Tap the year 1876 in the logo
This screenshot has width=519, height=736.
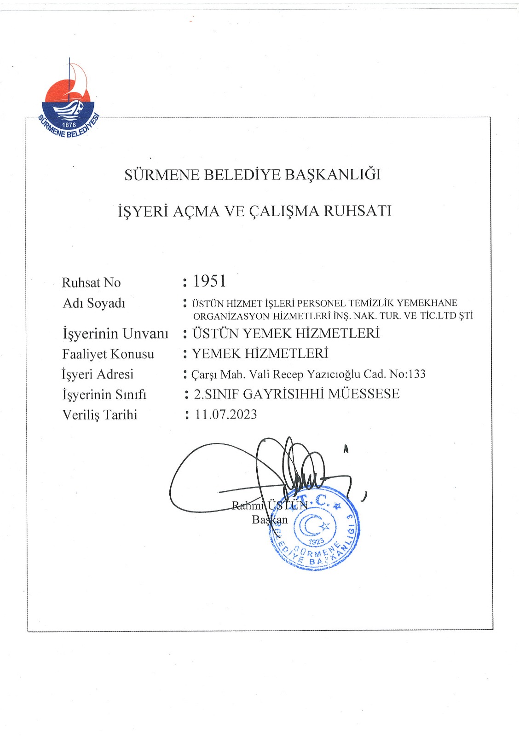coord(69,125)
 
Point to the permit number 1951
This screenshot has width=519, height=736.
coord(209,281)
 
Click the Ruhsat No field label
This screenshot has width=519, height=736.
coord(91,282)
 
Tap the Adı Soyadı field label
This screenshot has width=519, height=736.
coord(94,303)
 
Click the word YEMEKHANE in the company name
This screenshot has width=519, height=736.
coord(427,303)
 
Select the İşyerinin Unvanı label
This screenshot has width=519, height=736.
coord(115,333)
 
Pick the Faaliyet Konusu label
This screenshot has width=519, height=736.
coord(108,354)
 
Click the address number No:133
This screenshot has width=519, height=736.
coord(407,374)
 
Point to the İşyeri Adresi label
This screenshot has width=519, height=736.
coord(98,374)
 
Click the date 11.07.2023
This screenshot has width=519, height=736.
coord(225,414)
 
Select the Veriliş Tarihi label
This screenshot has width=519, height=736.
coord(99,415)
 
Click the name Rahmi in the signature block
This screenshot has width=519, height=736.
coord(248,506)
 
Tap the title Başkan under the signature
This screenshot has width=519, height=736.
coord(270,520)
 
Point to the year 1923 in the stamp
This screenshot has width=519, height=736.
coord(317,542)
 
